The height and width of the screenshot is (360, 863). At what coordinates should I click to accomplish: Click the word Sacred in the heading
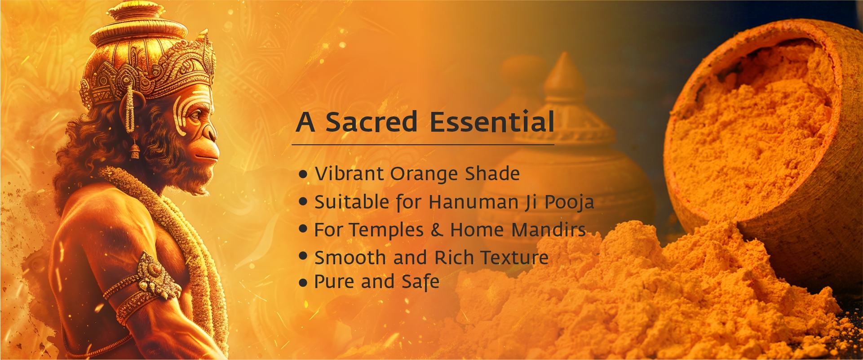coord(372,122)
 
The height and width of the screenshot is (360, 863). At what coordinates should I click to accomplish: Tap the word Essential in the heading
coord(492,122)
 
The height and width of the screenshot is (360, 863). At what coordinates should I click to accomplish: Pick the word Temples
coord(387,230)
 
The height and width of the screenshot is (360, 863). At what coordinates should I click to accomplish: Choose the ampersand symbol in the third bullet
coord(437,230)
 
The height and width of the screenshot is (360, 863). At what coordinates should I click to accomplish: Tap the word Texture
coord(514,258)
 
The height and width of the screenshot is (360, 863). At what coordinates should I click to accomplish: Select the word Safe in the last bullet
coord(420,282)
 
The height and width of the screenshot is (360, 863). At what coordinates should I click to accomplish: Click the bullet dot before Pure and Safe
coord(303,283)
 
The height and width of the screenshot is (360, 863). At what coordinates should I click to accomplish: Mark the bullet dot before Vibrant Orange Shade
coord(303,174)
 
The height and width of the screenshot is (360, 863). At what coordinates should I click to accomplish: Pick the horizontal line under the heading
coord(423,145)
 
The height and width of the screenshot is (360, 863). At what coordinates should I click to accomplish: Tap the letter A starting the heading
coord(305,122)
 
